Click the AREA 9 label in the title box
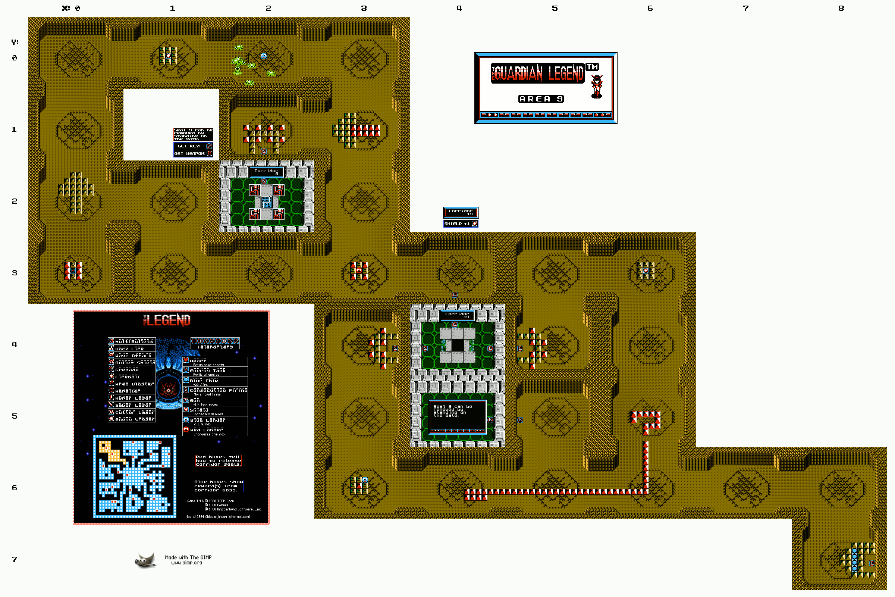[541, 99]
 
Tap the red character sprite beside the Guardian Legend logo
[596, 87]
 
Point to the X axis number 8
[841, 8]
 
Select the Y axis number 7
[15, 559]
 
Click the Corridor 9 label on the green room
[266, 172]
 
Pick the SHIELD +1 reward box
[461, 224]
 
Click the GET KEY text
[189, 146]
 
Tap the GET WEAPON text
[189, 153]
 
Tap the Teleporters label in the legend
[215, 347]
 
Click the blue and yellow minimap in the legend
[134, 476]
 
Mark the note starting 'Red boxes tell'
[218, 460]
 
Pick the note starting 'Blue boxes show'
[219, 486]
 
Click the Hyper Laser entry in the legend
[133, 398]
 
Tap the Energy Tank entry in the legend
[207, 371]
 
